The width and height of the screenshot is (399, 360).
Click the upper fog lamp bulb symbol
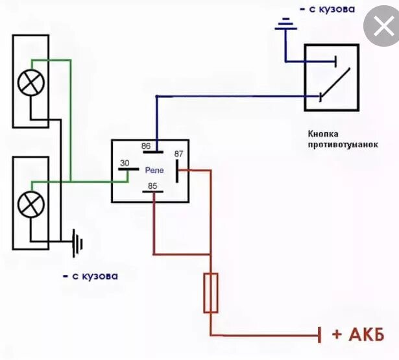point(30,82)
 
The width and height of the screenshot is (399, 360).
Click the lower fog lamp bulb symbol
point(30,204)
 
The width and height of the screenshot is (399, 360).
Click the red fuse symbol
point(211,293)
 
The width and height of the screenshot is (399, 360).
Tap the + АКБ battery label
point(358,335)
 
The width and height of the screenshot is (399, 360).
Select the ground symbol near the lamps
point(78,245)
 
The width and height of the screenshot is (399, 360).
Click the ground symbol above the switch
point(284,26)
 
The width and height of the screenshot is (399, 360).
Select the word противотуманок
point(343,145)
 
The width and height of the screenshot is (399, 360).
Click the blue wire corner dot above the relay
point(156,97)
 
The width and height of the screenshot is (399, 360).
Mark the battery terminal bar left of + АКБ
point(320,335)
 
